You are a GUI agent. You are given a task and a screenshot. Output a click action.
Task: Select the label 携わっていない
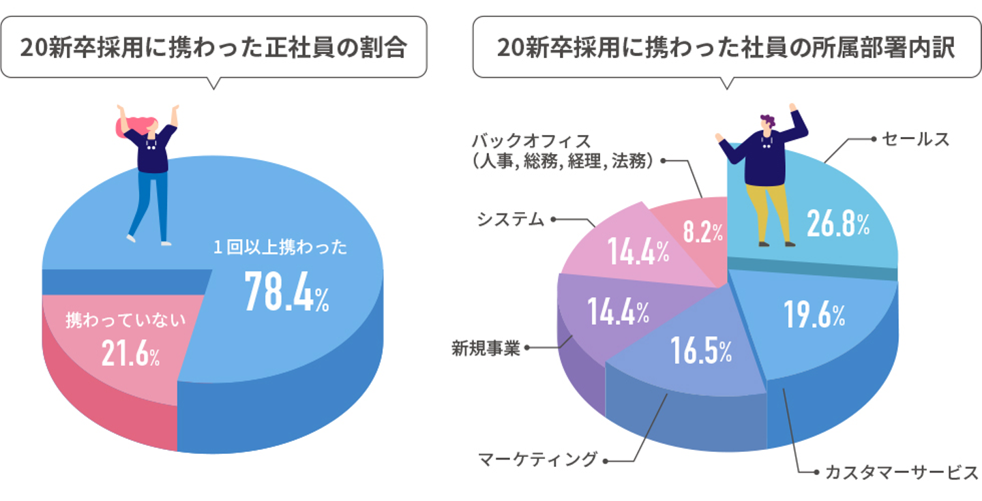point(125,320)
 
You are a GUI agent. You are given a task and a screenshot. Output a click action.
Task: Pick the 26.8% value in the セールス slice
point(838,224)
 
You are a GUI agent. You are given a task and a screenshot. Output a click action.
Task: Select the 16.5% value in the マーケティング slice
point(700,350)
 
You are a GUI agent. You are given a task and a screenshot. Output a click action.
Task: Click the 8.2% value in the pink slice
point(702,232)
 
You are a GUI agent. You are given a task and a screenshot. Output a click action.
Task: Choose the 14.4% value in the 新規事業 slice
point(618,313)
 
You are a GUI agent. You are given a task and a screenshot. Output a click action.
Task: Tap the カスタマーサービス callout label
point(902,472)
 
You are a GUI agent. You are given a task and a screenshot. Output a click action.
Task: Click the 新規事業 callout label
point(486,348)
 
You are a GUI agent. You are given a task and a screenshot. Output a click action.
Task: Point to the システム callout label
point(510,219)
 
